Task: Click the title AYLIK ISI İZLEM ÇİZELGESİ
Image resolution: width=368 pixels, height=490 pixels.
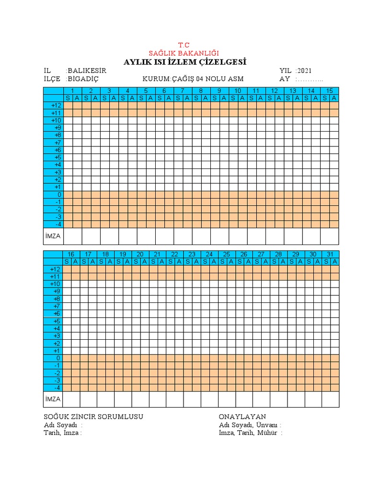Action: click(x=185, y=62)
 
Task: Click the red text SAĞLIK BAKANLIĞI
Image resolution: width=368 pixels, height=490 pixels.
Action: click(x=184, y=53)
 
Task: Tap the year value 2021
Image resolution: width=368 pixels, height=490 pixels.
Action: click(x=305, y=70)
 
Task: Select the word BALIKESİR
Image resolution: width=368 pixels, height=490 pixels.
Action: click(x=87, y=70)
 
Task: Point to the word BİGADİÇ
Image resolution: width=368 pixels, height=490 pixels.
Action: click(x=84, y=79)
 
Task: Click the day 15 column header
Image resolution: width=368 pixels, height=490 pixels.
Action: click(x=330, y=91)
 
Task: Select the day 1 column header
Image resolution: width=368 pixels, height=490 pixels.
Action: click(x=72, y=91)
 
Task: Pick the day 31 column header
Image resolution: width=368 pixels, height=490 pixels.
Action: click(x=330, y=254)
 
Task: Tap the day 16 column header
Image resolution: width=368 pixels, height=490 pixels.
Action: click(x=71, y=254)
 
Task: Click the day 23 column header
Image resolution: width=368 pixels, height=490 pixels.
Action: click(x=192, y=254)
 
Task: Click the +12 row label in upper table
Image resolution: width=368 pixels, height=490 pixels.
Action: click(x=56, y=105)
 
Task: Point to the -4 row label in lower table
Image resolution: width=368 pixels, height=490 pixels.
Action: click(x=57, y=388)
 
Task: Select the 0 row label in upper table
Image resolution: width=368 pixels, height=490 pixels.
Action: click(x=59, y=195)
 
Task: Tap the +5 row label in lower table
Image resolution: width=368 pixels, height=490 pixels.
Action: click(x=56, y=321)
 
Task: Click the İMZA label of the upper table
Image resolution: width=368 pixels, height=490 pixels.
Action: click(x=53, y=236)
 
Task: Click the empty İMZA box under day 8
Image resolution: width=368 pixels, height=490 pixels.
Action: click(x=201, y=236)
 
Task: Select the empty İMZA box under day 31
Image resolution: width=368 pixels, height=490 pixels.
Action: click(x=330, y=399)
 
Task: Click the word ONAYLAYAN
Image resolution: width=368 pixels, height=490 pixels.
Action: click(x=242, y=417)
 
